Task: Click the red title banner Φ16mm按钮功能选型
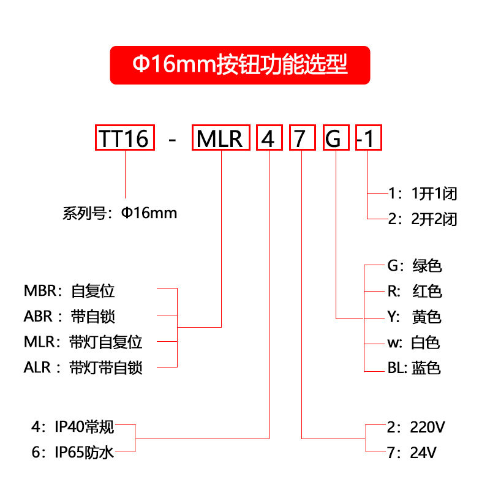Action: click(x=240, y=65)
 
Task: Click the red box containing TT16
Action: click(x=125, y=138)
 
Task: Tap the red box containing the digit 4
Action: click(x=268, y=138)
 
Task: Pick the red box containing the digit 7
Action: click(x=302, y=138)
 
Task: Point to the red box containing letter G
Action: click(x=336, y=138)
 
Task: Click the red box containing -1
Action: click(x=367, y=138)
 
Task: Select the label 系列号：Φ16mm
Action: click(x=119, y=213)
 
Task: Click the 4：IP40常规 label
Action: click(x=72, y=426)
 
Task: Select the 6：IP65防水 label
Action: click(x=72, y=453)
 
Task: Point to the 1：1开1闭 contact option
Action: click(x=423, y=194)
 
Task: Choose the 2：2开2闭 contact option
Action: click(x=423, y=219)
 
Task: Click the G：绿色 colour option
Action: click(x=414, y=266)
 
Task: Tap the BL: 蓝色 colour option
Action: click(x=414, y=368)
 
